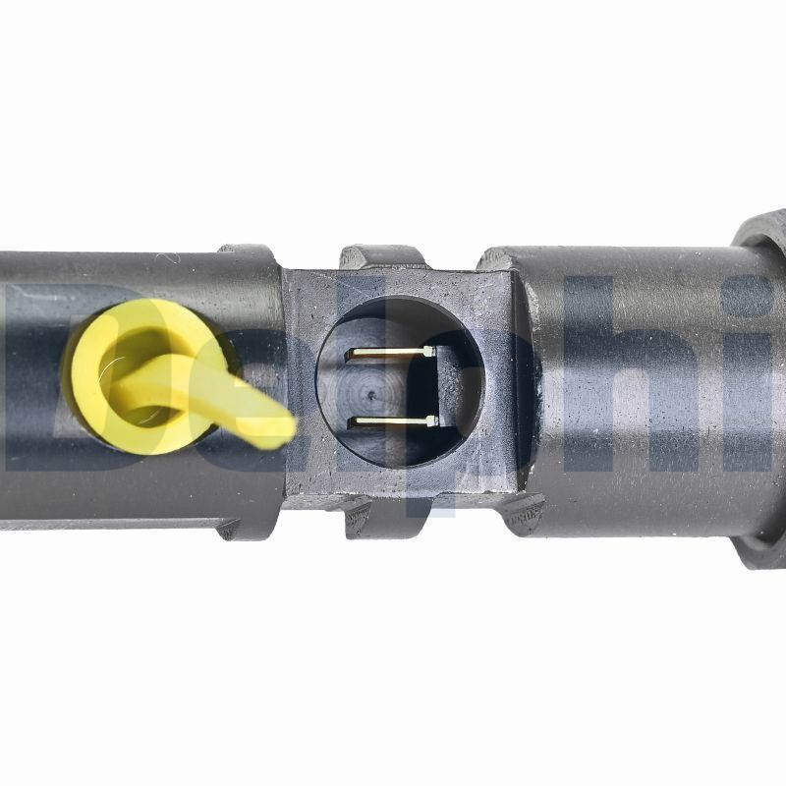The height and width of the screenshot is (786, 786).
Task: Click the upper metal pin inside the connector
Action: pos(388,352)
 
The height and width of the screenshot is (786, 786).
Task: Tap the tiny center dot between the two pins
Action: pos(370,394)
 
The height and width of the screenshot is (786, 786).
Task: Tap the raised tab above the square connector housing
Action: pos(383,256)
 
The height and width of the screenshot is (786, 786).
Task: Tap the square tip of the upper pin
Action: pos(428,350)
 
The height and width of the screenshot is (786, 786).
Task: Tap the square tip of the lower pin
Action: pos(432,421)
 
